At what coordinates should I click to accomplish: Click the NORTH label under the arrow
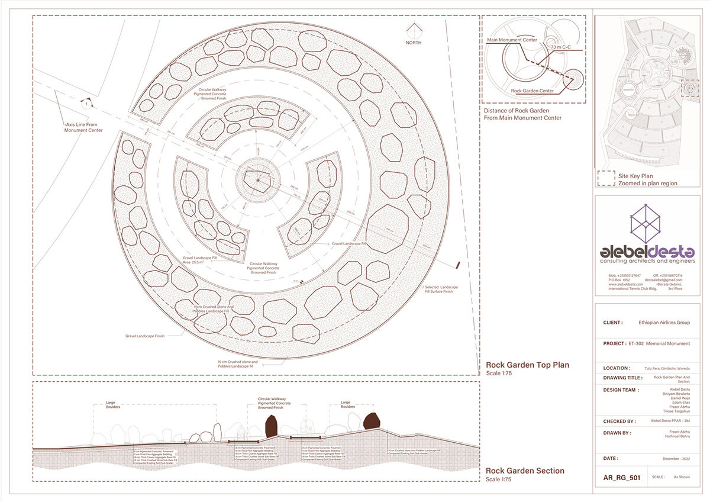(x=414, y=43)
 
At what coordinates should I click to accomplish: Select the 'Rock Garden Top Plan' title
(x=527, y=365)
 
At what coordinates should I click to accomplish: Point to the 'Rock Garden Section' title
(x=525, y=471)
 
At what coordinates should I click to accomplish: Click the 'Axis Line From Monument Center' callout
(x=83, y=127)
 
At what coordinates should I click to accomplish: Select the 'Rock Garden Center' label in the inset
(x=532, y=91)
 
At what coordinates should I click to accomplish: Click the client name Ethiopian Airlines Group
(x=664, y=323)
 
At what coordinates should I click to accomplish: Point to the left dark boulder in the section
(x=272, y=426)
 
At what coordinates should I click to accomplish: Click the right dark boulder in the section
(x=372, y=421)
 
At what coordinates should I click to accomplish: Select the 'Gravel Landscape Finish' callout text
(x=144, y=336)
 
